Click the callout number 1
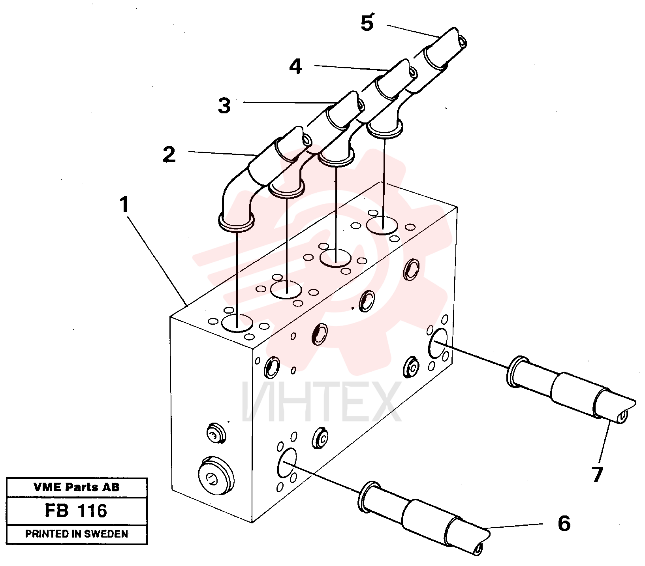coord(125,205)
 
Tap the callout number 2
coord(169,154)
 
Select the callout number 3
coord(224,105)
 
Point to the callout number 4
coord(295,66)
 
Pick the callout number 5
coord(367,23)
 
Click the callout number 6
coord(564,524)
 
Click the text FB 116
coord(76,511)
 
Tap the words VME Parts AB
coord(76,487)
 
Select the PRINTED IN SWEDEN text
coord(77,534)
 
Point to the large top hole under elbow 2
coord(237,323)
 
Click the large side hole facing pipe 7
coord(438,342)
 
